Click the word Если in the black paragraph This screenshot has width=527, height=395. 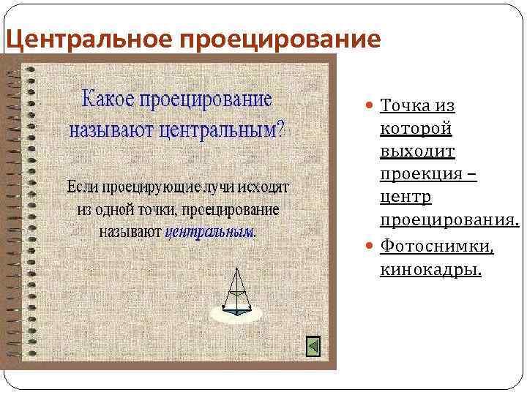[x=83, y=187]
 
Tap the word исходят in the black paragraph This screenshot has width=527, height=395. [x=268, y=187]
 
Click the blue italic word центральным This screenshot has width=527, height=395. [x=209, y=232]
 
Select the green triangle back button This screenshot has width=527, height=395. [x=313, y=345]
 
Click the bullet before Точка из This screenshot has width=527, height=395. [x=370, y=107]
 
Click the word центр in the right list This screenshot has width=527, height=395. [x=405, y=198]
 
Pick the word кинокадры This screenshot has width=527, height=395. [x=431, y=270]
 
